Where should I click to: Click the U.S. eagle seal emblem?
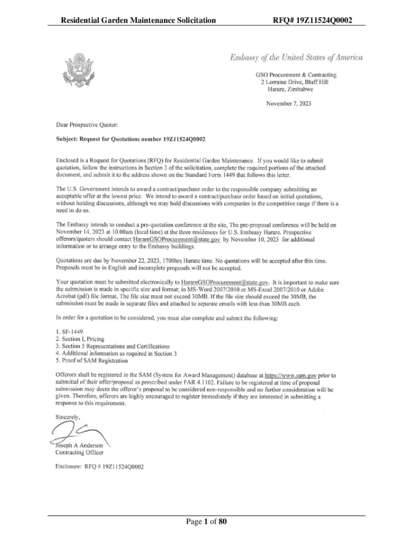pos(80,69)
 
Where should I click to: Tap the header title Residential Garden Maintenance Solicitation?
pos(139,21)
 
